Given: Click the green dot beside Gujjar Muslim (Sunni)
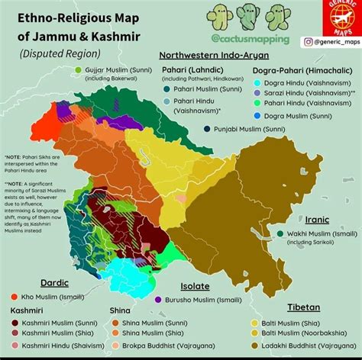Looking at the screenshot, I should click(78, 69).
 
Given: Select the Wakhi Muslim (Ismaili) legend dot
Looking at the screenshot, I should click(280, 233).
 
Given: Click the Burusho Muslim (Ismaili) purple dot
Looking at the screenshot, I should click(158, 301).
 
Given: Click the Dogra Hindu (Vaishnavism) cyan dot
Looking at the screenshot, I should click(257, 82).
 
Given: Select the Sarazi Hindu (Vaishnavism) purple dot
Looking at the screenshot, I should click(257, 92).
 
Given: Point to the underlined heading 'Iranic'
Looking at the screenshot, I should click(316, 220).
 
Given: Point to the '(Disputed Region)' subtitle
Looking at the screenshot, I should click(60, 54).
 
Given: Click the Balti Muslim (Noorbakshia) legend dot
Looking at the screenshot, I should click(254, 333).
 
